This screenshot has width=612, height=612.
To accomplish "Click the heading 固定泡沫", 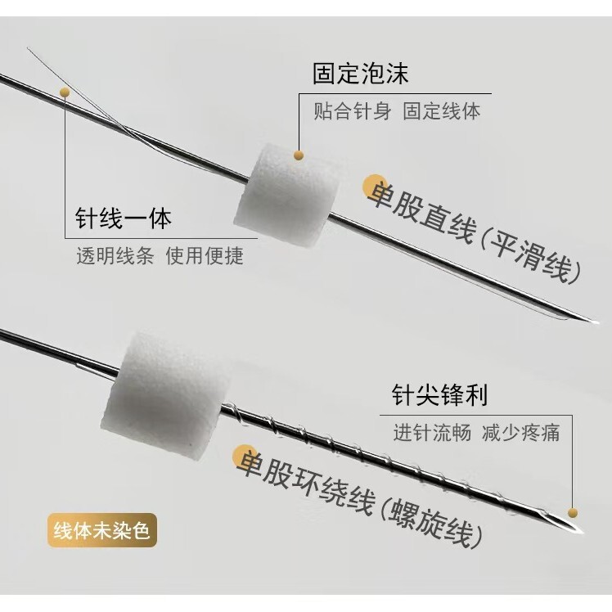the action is (360, 74).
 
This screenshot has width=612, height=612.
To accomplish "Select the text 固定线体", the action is (442, 111).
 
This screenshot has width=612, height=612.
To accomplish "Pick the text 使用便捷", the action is (205, 255).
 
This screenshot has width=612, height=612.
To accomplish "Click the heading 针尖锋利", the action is (439, 397).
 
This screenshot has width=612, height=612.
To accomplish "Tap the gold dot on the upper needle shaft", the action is (65, 92).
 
